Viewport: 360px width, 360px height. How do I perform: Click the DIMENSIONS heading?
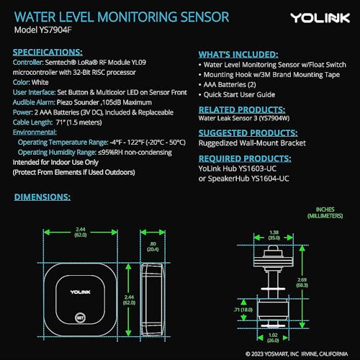coord(41,196)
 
